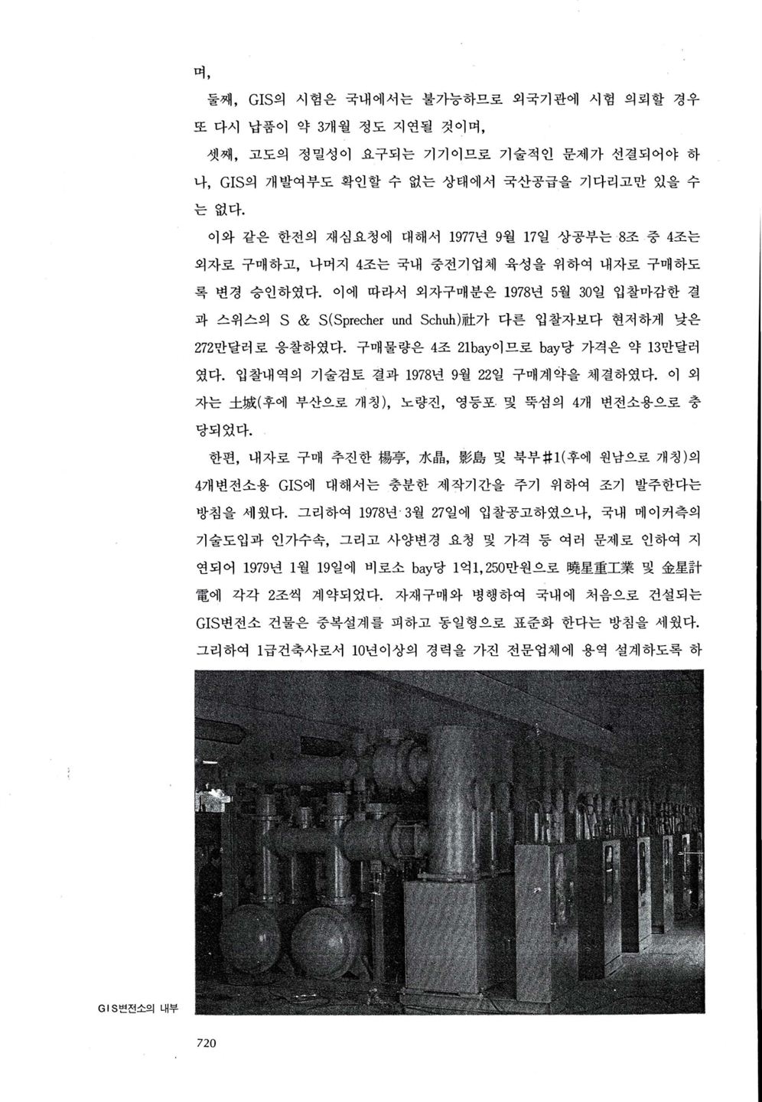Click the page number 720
208,1042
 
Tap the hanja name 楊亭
392,458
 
